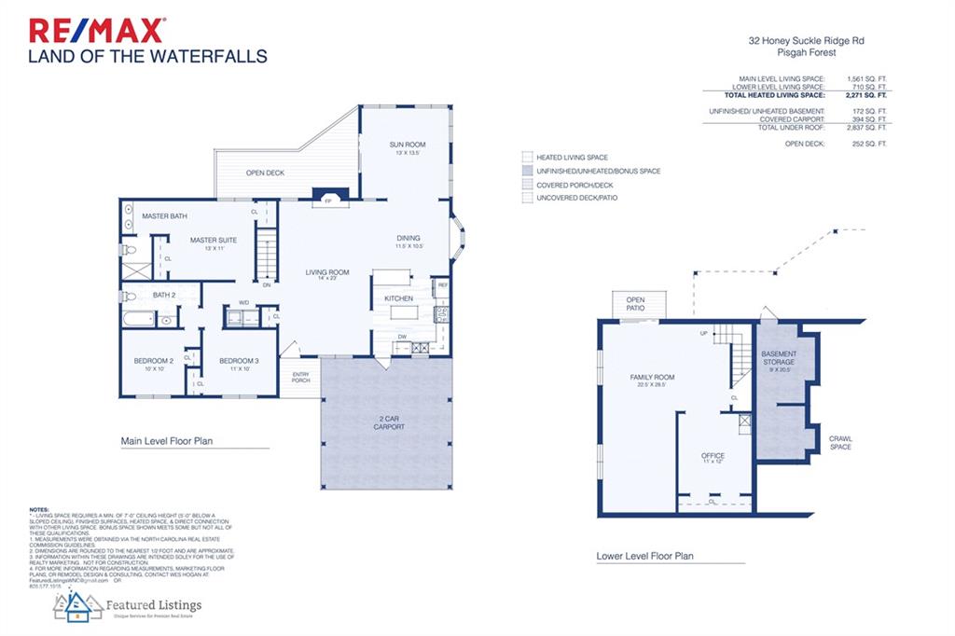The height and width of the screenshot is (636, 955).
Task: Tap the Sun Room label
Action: [x=408, y=145]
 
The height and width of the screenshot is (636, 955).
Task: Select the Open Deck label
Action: [x=265, y=173]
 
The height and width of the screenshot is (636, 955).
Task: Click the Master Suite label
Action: [x=214, y=241]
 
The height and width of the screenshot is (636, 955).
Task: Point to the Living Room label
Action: [x=327, y=273]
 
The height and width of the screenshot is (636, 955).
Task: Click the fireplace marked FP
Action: [x=328, y=200]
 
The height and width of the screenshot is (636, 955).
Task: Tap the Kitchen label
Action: [x=399, y=298]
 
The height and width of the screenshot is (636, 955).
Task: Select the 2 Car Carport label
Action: [x=389, y=422]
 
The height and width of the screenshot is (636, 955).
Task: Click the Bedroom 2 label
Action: [x=153, y=361]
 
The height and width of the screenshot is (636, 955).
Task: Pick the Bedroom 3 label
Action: [x=239, y=361]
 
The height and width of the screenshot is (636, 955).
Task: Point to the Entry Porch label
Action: [x=300, y=377]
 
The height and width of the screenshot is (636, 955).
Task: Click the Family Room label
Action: [x=652, y=378]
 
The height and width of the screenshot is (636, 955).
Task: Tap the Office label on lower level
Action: [x=713, y=456]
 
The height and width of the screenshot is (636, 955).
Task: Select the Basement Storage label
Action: [x=779, y=358]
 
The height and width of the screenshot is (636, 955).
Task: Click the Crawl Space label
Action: [x=840, y=442]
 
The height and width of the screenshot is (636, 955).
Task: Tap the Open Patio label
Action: [x=635, y=303]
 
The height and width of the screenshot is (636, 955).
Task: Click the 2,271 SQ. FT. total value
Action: [x=866, y=95]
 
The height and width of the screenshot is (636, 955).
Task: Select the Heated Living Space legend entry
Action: [x=572, y=158]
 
